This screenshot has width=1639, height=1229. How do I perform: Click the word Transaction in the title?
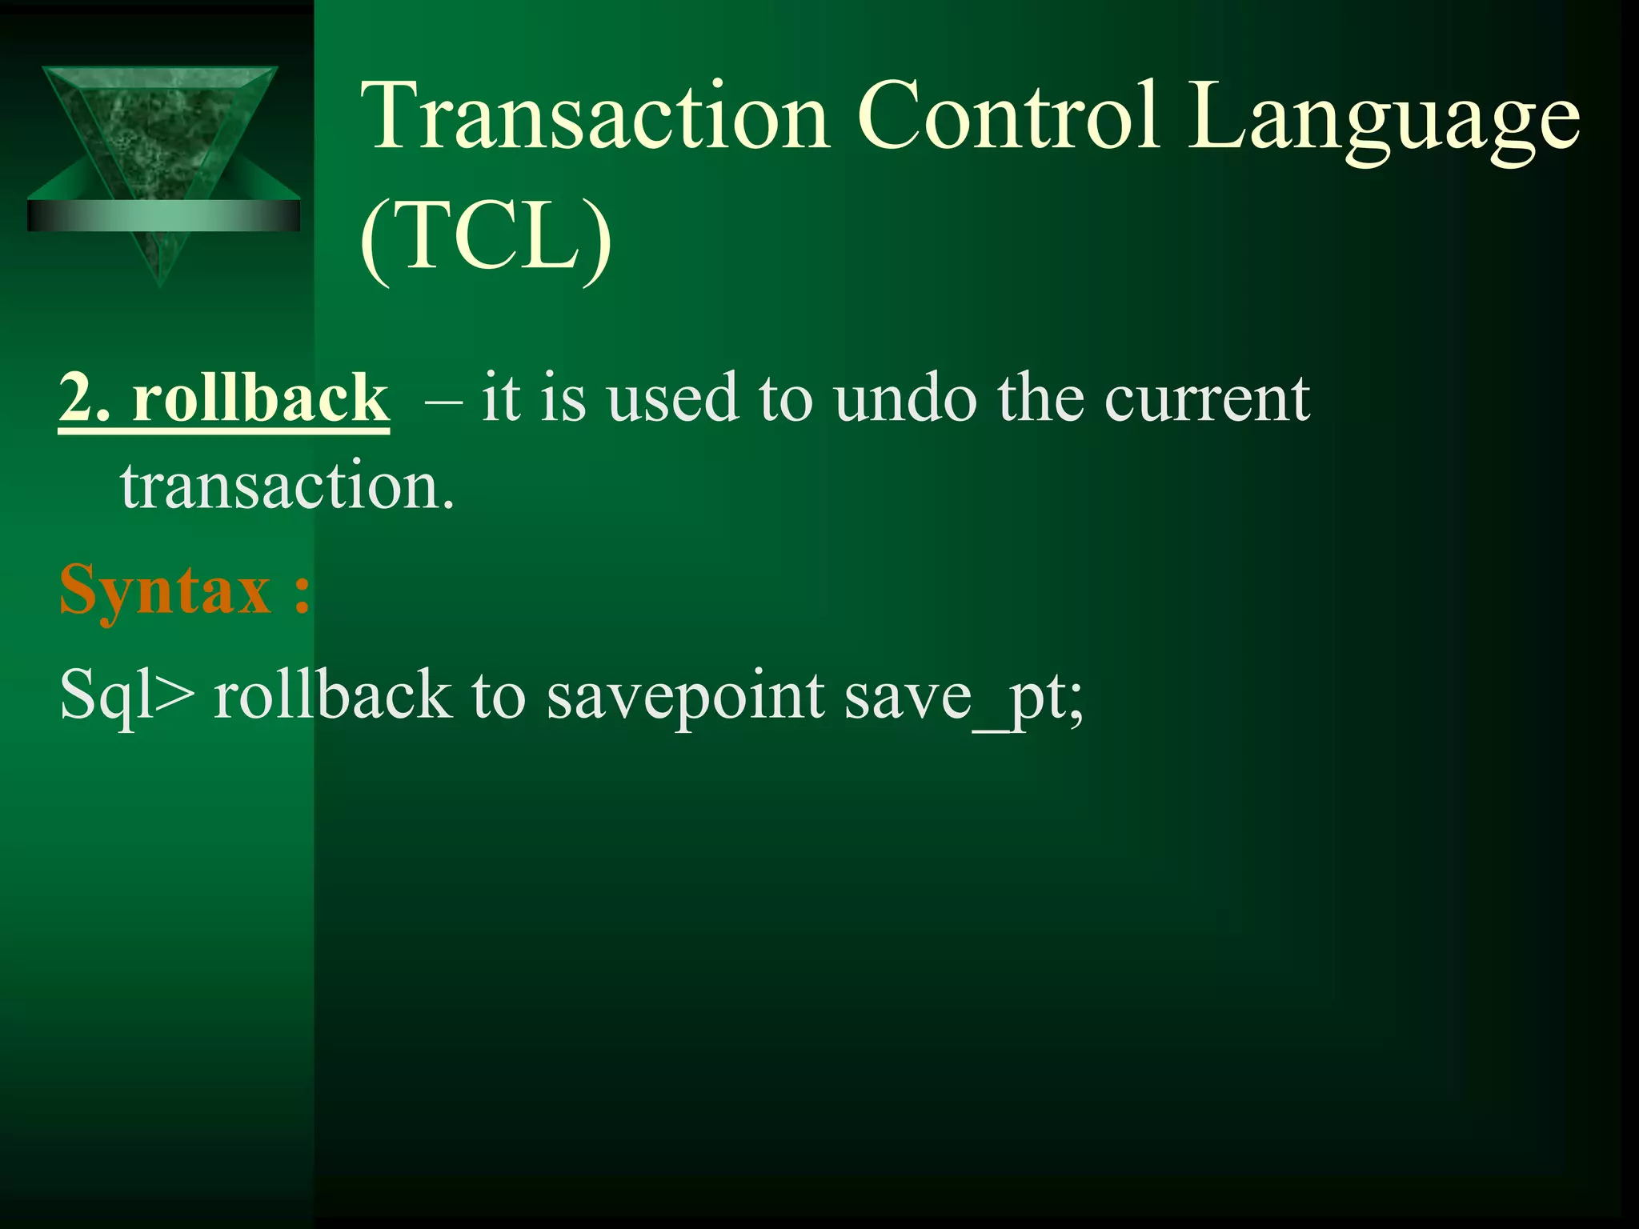coord(595,117)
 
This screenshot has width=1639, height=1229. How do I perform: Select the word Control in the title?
coord(1008,117)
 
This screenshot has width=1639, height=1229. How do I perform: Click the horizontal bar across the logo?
coord(164,215)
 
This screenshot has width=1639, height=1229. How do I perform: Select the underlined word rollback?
coord(260,398)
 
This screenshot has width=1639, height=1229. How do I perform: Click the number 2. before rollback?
coord(85,398)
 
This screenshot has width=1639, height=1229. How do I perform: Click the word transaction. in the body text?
coord(287,486)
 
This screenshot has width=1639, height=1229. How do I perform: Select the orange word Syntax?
coord(165,590)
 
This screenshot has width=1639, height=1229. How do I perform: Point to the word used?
coord(672,398)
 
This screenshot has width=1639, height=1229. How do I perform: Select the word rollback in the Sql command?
coord(332,695)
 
